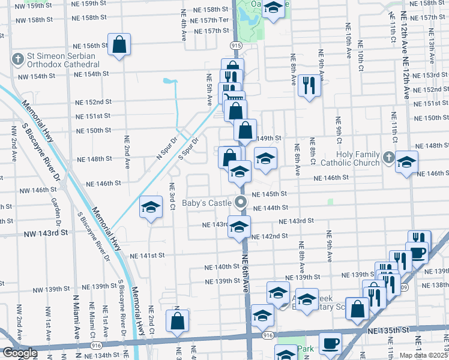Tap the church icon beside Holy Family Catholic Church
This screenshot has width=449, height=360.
point(388,158)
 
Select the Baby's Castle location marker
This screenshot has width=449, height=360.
point(241,202)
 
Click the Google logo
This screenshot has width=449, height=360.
point(19,353)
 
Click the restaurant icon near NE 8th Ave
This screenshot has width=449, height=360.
point(309,85)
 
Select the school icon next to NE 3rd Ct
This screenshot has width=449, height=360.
point(151,208)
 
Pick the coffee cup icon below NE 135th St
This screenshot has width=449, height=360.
point(330,344)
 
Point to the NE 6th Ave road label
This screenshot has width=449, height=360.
point(246,273)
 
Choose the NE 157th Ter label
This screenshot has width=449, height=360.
point(209,20)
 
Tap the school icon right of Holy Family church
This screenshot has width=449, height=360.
point(406,161)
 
